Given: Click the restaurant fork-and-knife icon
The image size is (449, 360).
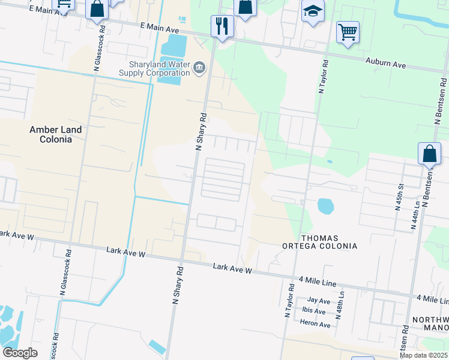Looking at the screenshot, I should tap(222, 26).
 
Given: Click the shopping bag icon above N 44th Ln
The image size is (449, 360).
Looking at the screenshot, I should tap(430, 154).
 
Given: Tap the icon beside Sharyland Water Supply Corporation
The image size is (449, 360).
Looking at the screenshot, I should tap(200, 70).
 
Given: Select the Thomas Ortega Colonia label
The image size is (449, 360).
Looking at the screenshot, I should tap(321, 242).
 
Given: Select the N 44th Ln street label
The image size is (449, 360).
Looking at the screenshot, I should tap(415, 217).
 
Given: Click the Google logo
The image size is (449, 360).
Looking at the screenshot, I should tap(20, 352).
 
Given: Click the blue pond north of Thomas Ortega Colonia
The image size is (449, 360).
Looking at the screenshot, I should tap(325, 207).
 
